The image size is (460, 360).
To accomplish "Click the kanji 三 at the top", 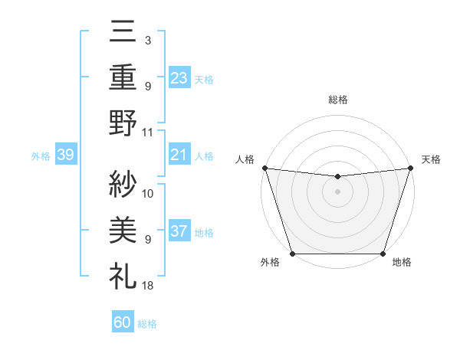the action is [123, 34].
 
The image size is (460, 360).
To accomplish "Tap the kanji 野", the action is [123, 123].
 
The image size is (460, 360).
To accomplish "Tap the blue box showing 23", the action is [179, 77].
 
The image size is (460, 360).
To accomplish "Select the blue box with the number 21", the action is [179, 155].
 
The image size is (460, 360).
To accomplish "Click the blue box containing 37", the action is [179, 231].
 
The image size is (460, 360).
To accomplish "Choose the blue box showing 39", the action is [65, 155].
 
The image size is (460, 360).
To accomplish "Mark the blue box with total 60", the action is [123, 322].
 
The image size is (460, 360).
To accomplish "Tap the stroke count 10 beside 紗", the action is [148, 194].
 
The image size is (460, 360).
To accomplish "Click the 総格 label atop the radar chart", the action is [337, 100].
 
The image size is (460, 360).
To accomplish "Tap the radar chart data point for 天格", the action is [410, 168].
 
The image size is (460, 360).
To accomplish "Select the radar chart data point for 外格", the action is [293, 254].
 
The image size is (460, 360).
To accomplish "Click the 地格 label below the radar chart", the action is [402, 263].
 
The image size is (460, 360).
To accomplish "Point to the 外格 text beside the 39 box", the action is [41, 155].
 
